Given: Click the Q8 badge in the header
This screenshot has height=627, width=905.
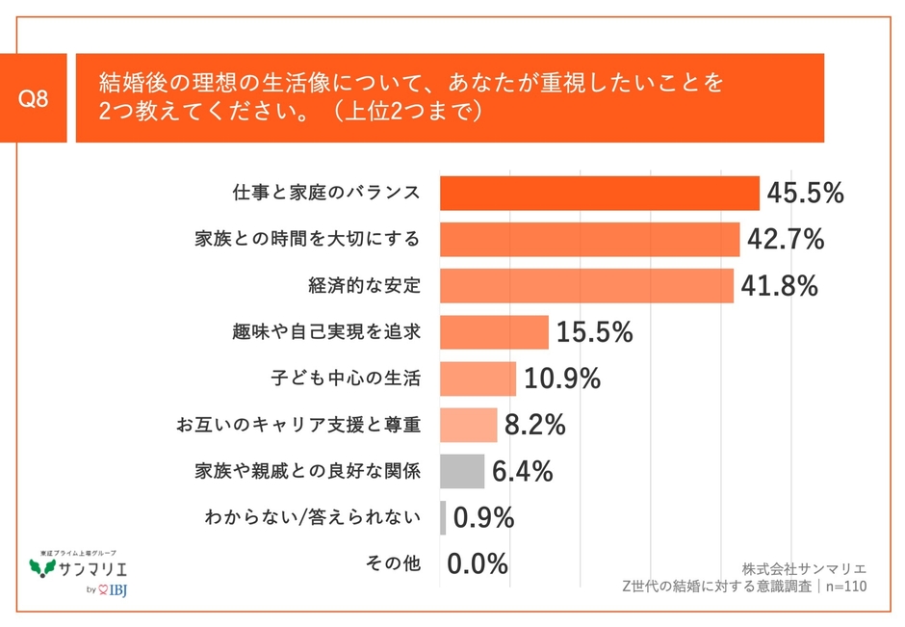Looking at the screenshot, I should tap(34, 98).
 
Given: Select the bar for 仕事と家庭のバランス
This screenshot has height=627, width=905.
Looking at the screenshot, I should tap(599, 193).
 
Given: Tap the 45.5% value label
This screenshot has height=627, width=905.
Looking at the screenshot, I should tap(805, 194).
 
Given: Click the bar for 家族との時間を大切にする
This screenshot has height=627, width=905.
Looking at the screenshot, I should tap(589, 240).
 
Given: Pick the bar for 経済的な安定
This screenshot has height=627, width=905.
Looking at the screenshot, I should tap(586, 286).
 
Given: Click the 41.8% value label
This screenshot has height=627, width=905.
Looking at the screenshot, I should tap(779, 286).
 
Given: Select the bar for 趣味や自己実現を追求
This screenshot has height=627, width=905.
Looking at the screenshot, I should tap(494, 332).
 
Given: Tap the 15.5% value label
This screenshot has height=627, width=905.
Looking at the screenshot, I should tap(594, 333).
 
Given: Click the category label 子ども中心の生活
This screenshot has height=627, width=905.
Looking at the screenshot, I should tap(347, 379).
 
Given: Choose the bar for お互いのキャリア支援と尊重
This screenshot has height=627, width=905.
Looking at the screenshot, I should tap(468, 425).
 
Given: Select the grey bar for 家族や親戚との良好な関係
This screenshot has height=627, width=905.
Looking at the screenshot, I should tap(461, 471).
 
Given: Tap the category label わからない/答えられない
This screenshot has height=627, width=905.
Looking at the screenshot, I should tap(313, 518).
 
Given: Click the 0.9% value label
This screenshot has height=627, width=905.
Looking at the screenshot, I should tap(483, 518).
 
